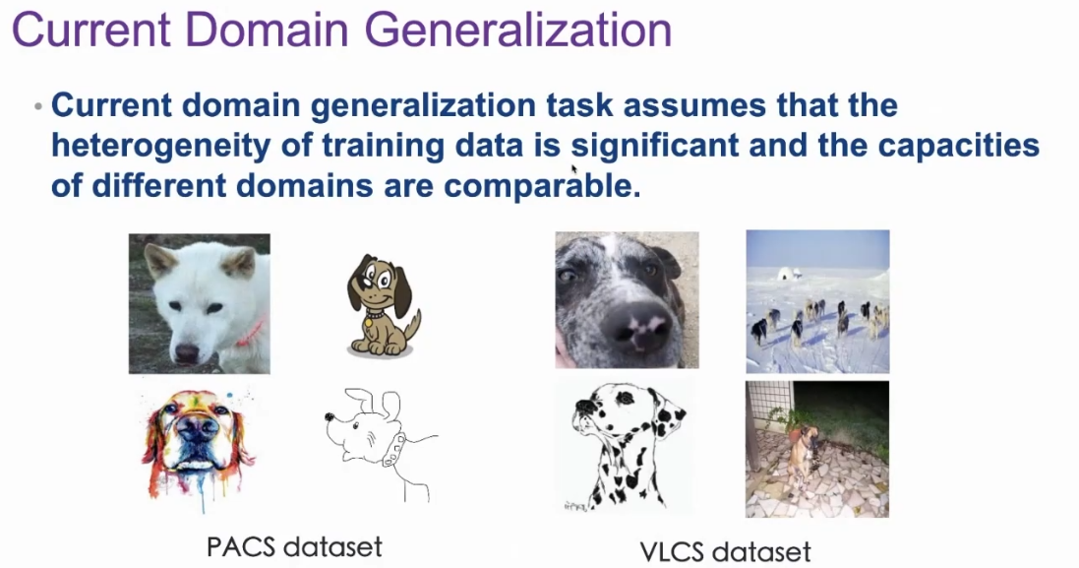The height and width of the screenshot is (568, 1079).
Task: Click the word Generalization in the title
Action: tap(517, 30)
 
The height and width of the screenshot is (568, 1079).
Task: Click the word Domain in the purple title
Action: tap(267, 30)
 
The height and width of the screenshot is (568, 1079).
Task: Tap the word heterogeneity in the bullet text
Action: tap(161, 146)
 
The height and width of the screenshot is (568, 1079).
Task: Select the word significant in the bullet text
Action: tap(654, 146)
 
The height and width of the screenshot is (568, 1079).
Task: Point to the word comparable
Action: tap(542, 186)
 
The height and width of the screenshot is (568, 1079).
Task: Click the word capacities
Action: tap(956, 145)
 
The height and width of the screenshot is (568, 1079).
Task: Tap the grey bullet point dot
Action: tap(37, 106)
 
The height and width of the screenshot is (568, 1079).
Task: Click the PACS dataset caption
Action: tap(294, 546)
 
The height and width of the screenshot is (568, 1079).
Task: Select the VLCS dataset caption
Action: tap(725, 551)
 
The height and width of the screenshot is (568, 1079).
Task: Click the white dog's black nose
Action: tap(187, 352)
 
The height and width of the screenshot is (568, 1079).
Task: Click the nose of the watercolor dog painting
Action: tap(198, 429)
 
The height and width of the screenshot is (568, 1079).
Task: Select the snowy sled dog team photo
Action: tap(817, 301)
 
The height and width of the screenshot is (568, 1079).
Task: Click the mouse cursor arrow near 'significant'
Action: tap(573, 169)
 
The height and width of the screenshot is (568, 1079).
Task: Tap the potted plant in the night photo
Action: tap(789, 420)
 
